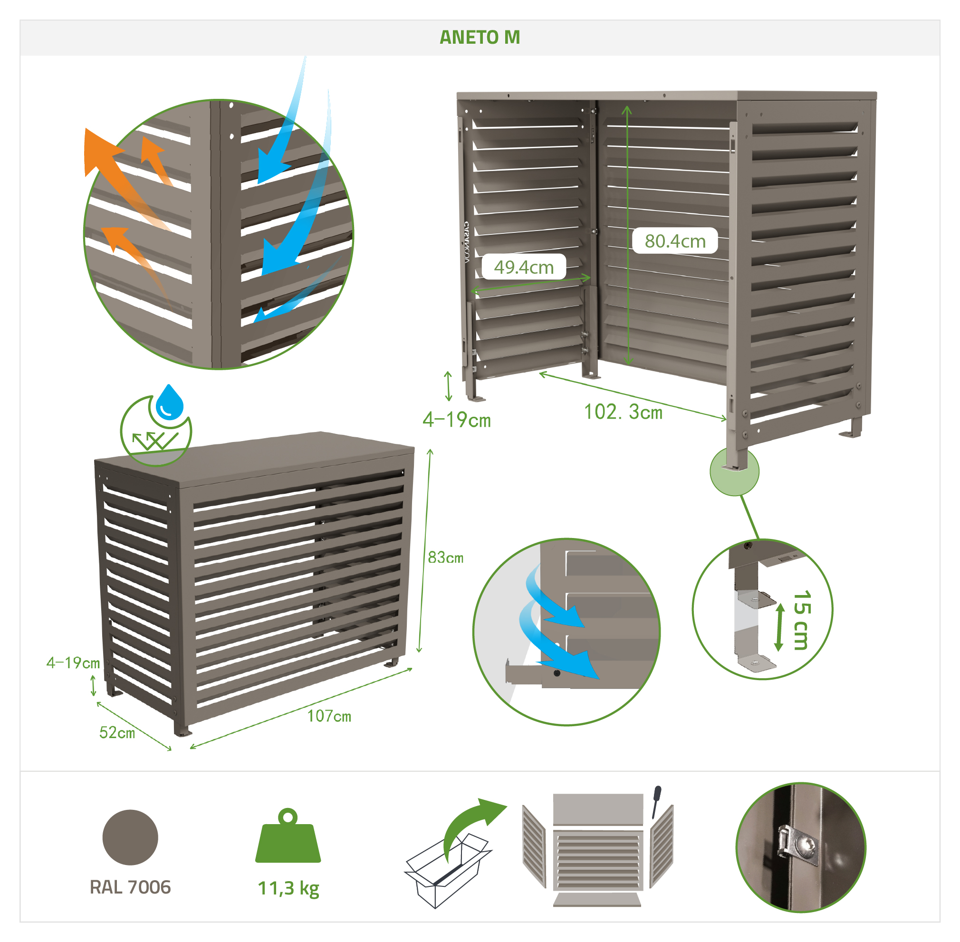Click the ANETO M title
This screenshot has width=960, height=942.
click(479, 38)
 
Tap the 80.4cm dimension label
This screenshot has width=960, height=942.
click(675, 241)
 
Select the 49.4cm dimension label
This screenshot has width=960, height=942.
click(523, 267)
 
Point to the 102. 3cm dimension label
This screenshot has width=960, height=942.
click(623, 412)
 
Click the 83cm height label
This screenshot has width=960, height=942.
click(445, 558)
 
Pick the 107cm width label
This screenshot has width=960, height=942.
click(329, 716)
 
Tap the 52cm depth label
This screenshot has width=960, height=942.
click(117, 732)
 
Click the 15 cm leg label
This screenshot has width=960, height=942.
click(801, 619)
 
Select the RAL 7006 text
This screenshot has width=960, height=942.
click(130, 887)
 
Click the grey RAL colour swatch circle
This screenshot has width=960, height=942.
click(130, 837)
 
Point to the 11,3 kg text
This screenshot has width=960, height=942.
click(288, 889)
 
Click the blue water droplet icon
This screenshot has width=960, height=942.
click(169, 403)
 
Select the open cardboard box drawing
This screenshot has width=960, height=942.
click(448, 870)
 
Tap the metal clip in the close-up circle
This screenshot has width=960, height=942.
click(797, 846)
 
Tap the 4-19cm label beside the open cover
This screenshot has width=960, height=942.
click(457, 420)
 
